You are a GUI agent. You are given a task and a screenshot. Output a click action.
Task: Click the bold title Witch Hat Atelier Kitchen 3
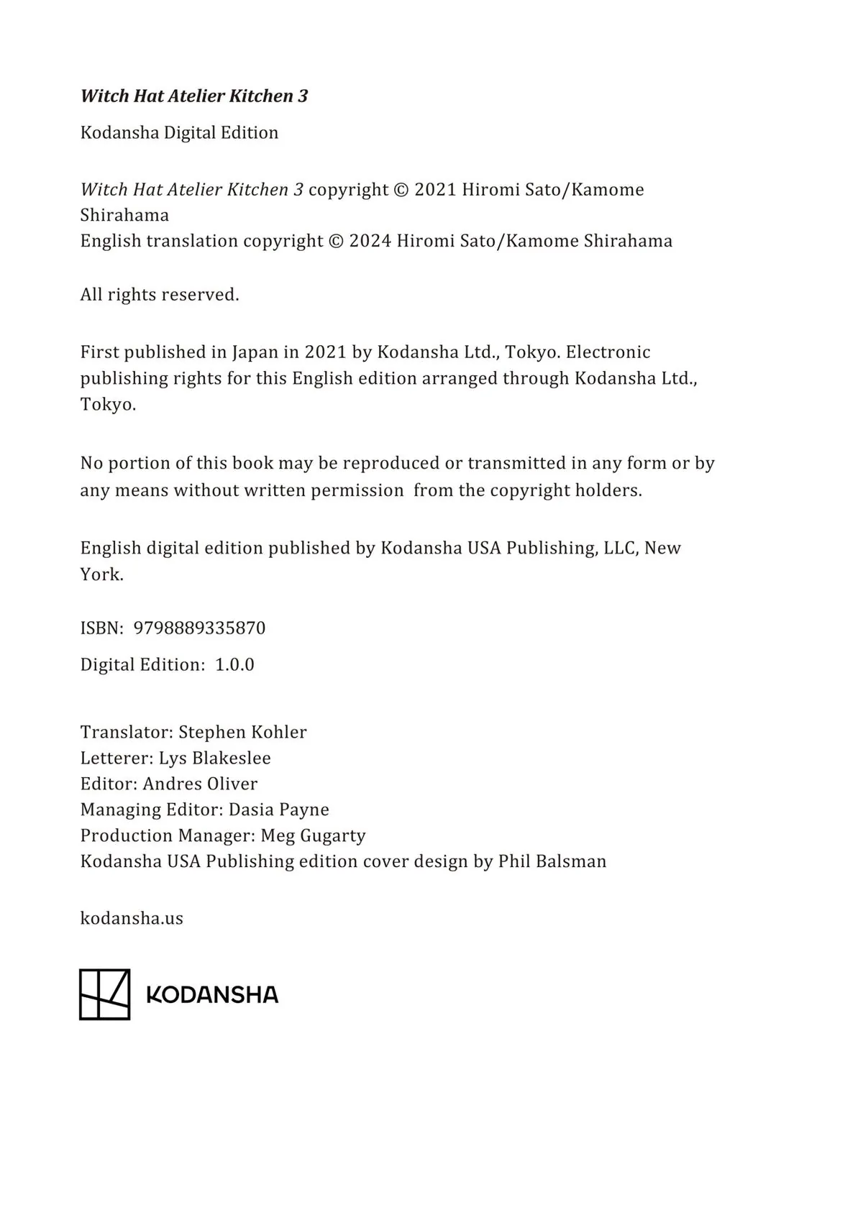pos(194,96)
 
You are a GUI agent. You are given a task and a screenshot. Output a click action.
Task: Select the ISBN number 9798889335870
pos(199,628)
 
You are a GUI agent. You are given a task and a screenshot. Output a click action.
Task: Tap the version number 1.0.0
pos(234,665)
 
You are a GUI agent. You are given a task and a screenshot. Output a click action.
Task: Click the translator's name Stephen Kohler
pos(242,733)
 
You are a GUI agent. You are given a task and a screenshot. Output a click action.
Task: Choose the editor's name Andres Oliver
pos(200,784)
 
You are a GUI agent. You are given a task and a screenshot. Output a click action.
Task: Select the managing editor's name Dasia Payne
pos(278,810)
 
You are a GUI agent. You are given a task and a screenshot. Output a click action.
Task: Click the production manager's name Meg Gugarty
pos(313,836)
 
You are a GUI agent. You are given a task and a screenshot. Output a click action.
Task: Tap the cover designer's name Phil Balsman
pos(552,862)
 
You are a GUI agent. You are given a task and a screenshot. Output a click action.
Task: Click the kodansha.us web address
pos(132,919)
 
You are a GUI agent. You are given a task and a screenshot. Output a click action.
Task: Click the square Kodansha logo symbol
pos(105,994)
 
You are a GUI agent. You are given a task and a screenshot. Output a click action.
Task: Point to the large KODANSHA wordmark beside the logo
pos(212,995)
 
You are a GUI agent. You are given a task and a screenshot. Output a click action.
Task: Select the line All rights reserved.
pos(160,295)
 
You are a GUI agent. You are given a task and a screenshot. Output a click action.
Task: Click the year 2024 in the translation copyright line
pos(370,241)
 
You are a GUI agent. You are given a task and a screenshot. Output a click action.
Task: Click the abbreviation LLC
pos(619,549)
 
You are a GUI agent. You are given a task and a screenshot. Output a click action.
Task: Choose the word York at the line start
pos(101,575)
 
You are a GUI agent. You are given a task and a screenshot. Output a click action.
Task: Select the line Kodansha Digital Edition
pos(179,133)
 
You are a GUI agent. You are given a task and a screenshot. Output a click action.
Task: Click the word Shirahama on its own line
pos(124,216)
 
